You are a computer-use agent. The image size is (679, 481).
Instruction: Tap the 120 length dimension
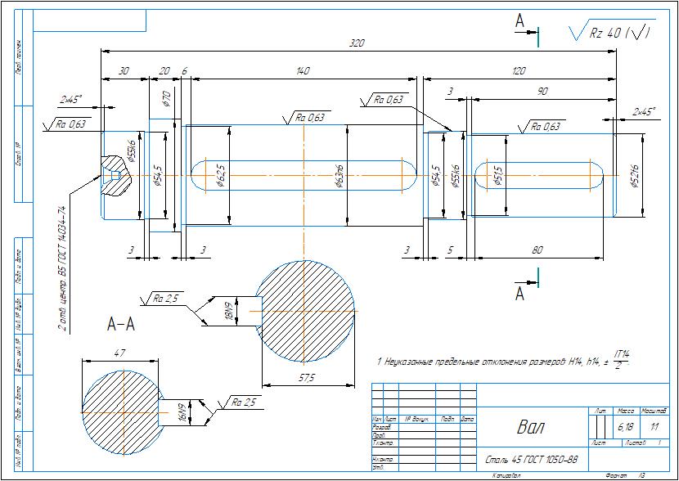pyautogui.click(x=518, y=72)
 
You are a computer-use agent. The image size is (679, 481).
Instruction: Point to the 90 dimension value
pyautogui.click(x=542, y=92)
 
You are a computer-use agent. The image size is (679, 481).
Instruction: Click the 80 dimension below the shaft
pyautogui.click(x=537, y=250)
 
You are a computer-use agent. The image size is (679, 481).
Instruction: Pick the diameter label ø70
pyautogui.click(x=167, y=99)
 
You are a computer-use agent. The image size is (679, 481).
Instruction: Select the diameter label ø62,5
pyautogui.click(x=220, y=176)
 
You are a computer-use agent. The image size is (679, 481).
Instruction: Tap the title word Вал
pyautogui.click(x=529, y=426)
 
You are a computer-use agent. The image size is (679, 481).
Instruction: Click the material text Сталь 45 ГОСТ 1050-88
pyautogui.click(x=532, y=459)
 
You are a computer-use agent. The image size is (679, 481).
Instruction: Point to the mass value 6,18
pyautogui.click(x=625, y=426)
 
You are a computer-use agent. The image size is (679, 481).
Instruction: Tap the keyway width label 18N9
pyautogui.click(x=231, y=312)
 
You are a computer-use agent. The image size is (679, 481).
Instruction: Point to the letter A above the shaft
pyautogui.click(x=519, y=22)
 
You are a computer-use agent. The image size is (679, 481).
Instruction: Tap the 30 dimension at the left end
pyautogui.click(x=124, y=72)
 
